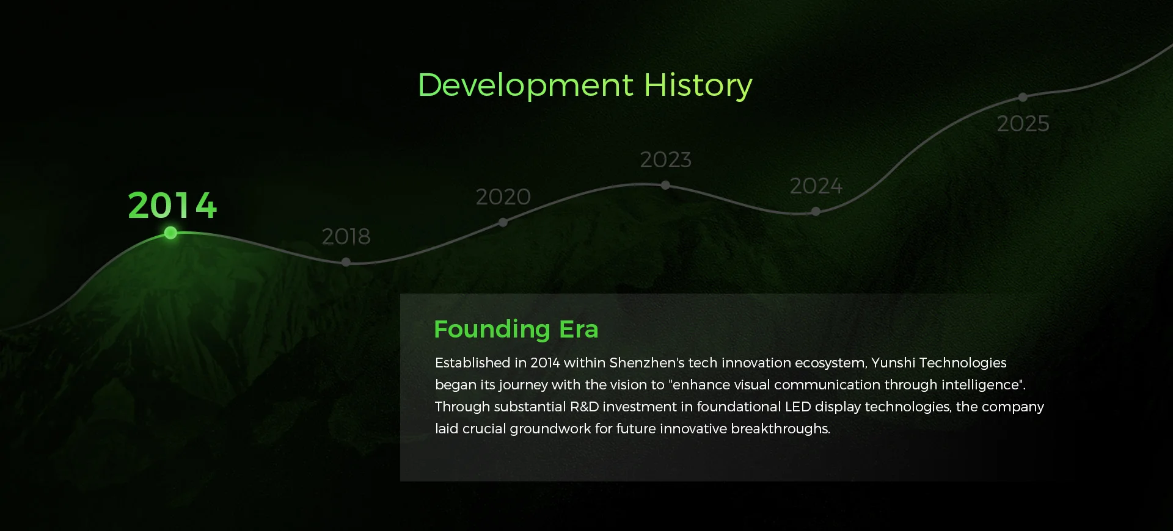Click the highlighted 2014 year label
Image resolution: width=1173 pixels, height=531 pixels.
click(x=172, y=205)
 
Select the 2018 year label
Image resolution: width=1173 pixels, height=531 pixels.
click(x=346, y=236)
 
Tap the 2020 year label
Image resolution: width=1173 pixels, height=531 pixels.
click(x=503, y=197)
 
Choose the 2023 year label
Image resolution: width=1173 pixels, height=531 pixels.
click(x=666, y=159)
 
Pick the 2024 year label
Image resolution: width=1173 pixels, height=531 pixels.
click(x=816, y=186)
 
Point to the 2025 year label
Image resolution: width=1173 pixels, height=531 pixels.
click(x=1023, y=123)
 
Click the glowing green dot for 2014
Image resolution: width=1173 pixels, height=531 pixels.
click(x=171, y=233)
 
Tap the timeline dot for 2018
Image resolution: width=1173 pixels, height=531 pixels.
click(x=346, y=262)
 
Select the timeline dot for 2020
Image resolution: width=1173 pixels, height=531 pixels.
click(x=503, y=223)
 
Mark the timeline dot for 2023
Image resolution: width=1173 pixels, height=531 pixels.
click(x=666, y=185)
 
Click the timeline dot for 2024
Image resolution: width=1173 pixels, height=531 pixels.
click(x=816, y=212)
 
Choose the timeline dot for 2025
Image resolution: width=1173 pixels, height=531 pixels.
click(x=1023, y=97)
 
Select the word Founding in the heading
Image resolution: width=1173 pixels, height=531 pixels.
click(x=492, y=330)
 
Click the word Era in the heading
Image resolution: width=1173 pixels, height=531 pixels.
click(x=579, y=330)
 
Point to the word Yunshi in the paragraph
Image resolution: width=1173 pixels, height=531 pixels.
click(x=893, y=363)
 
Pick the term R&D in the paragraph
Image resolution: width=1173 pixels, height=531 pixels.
click(x=585, y=406)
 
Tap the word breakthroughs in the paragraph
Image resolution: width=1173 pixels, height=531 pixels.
click(x=781, y=428)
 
